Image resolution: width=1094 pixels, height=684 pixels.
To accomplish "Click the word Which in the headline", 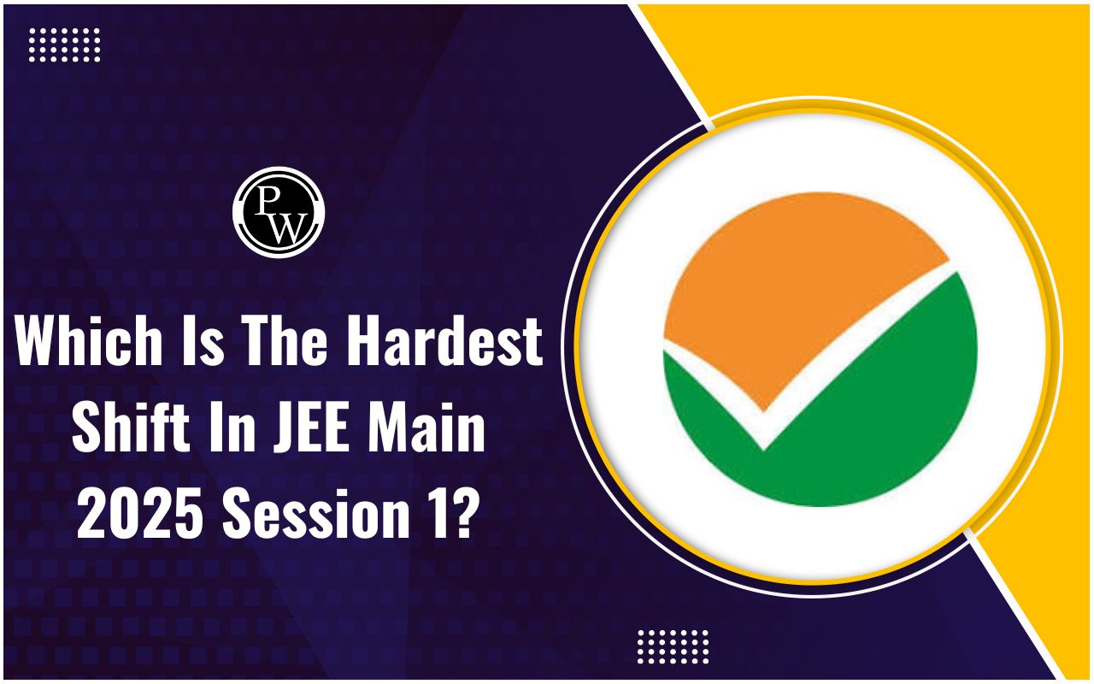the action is click(88, 339).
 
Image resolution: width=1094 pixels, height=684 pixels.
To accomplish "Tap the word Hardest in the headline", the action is click(445, 339).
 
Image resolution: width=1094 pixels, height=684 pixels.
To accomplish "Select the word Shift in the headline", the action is click(131, 426).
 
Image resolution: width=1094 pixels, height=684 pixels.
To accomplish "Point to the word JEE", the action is click(310, 426).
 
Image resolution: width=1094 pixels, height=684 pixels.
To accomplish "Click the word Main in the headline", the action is click(426, 426).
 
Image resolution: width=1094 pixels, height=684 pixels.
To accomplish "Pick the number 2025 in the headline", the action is click(139, 513).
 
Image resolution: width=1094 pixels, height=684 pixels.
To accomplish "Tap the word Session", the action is click(315, 513).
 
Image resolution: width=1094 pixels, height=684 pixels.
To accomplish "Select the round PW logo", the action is click(279, 212).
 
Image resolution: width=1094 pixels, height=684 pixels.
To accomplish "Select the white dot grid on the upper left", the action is click(64, 45).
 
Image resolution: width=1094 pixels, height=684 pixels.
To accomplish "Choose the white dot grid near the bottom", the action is click(673, 646).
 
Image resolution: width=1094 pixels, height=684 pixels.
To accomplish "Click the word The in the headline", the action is click(286, 339).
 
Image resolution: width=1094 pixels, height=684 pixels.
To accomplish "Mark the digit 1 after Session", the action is click(432, 513).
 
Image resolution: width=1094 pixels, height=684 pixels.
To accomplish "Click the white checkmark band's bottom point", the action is click(763, 450).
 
